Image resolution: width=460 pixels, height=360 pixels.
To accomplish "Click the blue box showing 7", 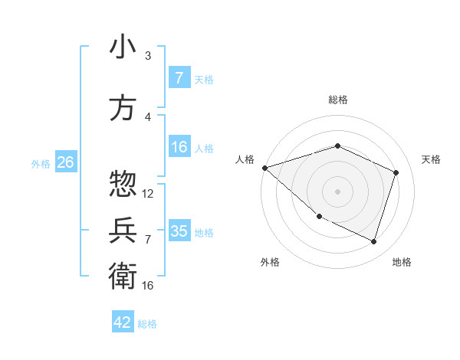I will tap(179, 78).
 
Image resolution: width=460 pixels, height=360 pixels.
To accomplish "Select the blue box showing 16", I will tap(179, 147).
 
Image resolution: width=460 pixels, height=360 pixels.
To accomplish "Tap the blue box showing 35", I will tap(179, 231).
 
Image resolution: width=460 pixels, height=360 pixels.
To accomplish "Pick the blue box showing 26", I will tap(65, 162).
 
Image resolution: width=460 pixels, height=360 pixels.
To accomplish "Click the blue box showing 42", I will tap(123, 322).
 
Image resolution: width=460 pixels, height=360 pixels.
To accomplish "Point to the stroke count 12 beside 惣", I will tap(148, 194).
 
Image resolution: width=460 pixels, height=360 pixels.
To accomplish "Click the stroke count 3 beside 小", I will tap(148, 56).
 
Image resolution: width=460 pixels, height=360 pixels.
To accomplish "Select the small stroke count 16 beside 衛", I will tap(148, 286).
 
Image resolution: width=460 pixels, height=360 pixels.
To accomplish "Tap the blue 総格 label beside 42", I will tap(147, 324).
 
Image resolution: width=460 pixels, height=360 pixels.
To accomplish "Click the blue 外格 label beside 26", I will tap(41, 163).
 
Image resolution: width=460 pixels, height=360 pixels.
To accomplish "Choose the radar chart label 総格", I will tap(337, 100).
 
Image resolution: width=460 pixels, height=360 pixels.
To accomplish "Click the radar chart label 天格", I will tap(431, 159).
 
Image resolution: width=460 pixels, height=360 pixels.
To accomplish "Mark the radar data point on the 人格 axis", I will tap(264, 167).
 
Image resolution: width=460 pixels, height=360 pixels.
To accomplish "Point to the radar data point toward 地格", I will tap(373, 241).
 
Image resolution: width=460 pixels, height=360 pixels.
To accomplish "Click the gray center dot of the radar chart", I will tap(337, 191).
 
